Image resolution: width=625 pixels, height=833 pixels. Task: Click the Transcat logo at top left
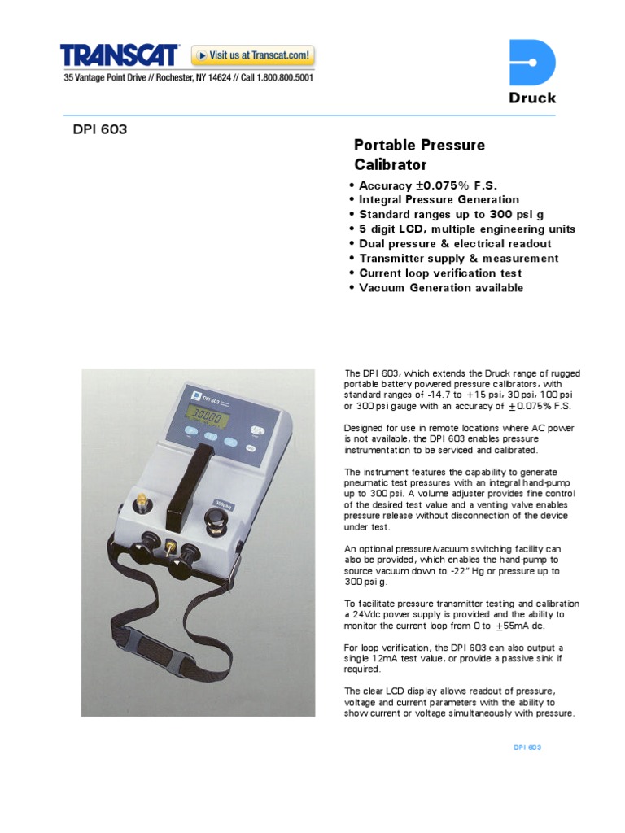[x=120, y=55]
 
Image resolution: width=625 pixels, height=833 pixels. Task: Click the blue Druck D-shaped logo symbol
[x=532, y=63]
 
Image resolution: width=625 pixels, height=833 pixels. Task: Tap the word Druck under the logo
[x=532, y=98]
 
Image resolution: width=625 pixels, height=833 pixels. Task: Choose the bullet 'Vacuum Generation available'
[x=441, y=288]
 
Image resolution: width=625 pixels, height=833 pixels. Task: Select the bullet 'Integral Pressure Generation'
[x=439, y=200]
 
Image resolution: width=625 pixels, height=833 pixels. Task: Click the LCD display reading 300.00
[x=204, y=414]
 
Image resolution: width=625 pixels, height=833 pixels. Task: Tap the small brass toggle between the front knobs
[x=172, y=549]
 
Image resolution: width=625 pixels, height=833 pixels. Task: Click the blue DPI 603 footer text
[x=527, y=747]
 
